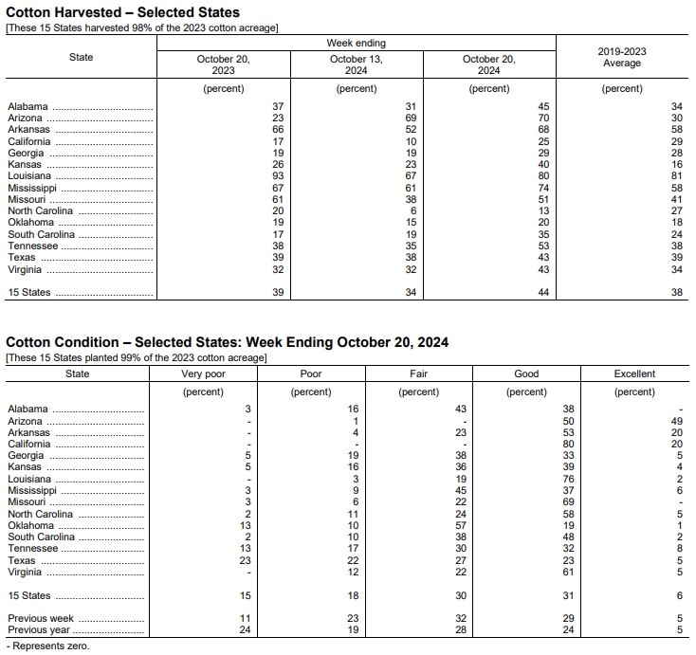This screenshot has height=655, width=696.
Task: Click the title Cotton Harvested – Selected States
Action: (122, 12)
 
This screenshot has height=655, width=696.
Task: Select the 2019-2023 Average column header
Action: (621, 57)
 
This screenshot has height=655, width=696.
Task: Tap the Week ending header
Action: (356, 44)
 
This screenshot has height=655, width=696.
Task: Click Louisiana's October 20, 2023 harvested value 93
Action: (277, 176)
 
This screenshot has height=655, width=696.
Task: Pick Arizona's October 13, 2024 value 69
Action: (410, 118)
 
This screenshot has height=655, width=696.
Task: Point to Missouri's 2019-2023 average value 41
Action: (676, 199)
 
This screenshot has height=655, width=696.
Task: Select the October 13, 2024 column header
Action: (356, 64)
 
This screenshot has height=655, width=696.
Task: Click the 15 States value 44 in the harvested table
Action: (543, 293)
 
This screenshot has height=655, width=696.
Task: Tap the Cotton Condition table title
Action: (228, 341)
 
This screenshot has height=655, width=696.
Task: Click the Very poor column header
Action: (203, 373)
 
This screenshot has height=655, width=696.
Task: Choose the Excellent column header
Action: (634, 373)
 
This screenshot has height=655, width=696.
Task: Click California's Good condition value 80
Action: (568, 444)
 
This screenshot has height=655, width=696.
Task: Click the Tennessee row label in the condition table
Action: (32, 549)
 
